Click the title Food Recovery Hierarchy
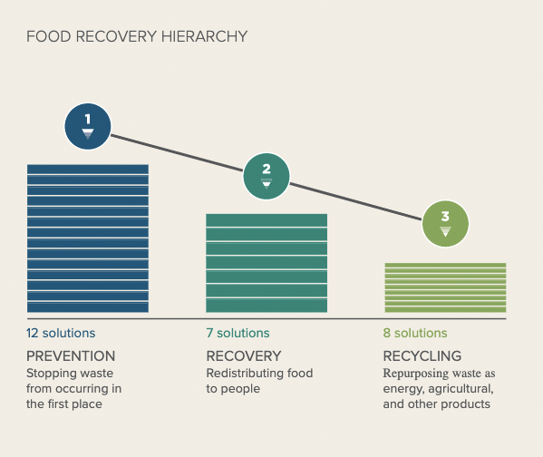click(x=137, y=36)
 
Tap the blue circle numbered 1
click(x=88, y=126)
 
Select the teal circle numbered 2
click(x=267, y=176)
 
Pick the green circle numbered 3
click(x=445, y=224)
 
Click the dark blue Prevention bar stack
click(x=88, y=238)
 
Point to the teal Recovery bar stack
click(x=267, y=263)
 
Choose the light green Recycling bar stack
click(x=445, y=287)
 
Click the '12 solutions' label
click(x=61, y=333)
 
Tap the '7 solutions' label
click(x=238, y=333)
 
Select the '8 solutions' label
click(x=415, y=333)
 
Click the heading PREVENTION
click(x=71, y=356)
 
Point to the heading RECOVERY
click(x=244, y=356)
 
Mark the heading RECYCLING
click(x=422, y=356)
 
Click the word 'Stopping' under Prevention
click(x=50, y=374)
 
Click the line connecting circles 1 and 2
click(x=177, y=153)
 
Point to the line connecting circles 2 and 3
click(x=356, y=202)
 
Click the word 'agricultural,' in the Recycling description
click(x=461, y=389)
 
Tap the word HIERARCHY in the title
click(x=204, y=36)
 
